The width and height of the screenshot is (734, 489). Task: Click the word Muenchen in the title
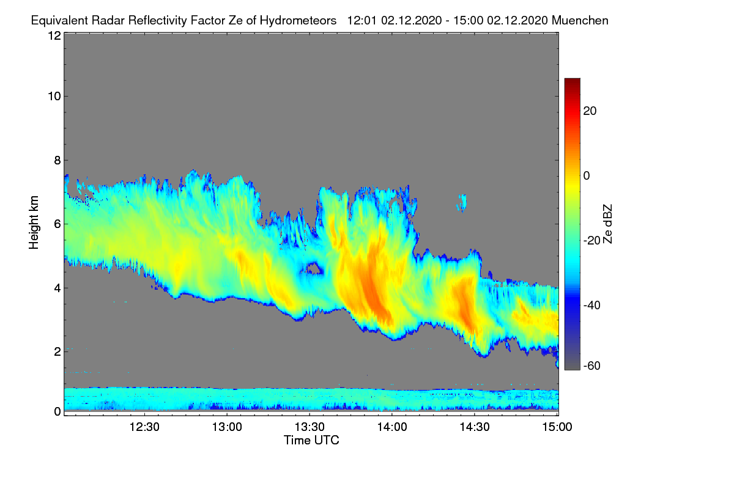[580, 20]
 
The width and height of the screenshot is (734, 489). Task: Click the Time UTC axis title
[311, 440]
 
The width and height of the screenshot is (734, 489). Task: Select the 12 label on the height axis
[54, 35]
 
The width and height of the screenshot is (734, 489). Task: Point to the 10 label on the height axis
[54, 96]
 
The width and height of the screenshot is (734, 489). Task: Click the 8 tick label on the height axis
[57, 160]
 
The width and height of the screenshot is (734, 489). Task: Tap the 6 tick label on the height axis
[57, 224]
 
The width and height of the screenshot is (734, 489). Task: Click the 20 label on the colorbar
[590, 111]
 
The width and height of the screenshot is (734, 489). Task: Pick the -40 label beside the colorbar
[592, 305]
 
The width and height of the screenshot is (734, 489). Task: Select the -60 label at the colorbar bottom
[592, 366]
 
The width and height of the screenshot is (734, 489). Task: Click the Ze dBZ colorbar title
[607, 224]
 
